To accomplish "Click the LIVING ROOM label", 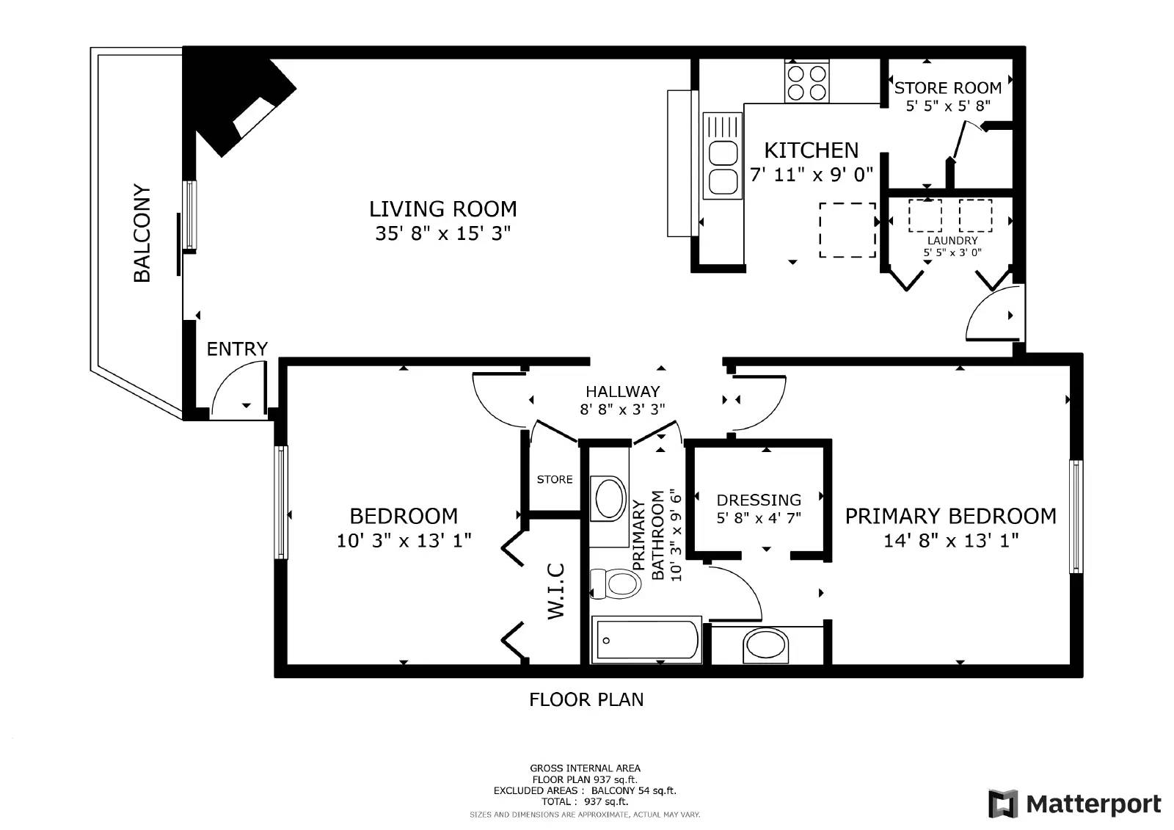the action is [x=443, y=209].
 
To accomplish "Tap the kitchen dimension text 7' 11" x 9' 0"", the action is [x=812, y=175].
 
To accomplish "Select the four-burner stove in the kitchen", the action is [x=806, y=81].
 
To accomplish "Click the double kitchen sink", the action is [x=723, y=156].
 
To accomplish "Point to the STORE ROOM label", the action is [x=947, y=88].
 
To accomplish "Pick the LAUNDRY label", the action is [x=952, y=241].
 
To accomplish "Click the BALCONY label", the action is [x=142, y=233].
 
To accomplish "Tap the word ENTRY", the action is [x=237, y=349].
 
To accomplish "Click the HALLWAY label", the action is [x=623, y=392].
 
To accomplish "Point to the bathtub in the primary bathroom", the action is [x=646, y=640].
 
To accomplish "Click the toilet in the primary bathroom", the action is [x=616, y=583].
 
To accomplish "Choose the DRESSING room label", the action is [x=759, y=500].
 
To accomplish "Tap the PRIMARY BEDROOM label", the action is [x=951, y=517].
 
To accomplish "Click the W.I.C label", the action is [x=556, y=591].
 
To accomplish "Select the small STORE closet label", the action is [x=555, y=480].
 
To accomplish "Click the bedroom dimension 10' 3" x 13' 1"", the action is [x=404, y=541].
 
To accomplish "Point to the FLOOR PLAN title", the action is [x=586, y=700].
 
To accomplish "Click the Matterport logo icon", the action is [x=1003, y=804].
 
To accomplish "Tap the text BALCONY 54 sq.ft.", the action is [x=634, y=790].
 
